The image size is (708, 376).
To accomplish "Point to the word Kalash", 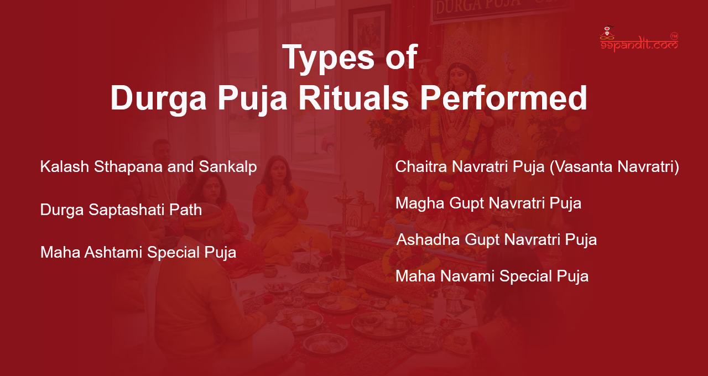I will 59,166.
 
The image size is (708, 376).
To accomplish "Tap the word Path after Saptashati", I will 185,210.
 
